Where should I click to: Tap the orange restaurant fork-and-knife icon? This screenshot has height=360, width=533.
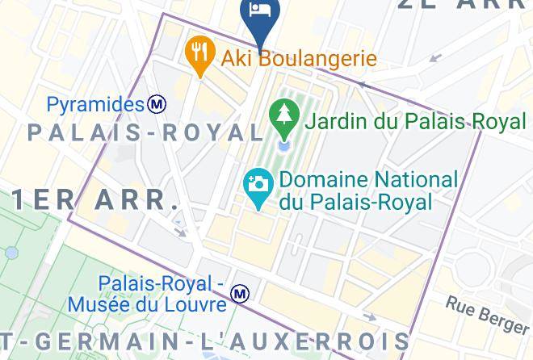(199, 52)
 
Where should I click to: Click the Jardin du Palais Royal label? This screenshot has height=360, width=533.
(415, 122)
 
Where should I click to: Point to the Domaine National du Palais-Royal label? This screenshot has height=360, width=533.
(368, 190)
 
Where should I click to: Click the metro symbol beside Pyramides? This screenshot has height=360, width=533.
(157, 104)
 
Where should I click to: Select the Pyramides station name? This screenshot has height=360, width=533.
(95, 104)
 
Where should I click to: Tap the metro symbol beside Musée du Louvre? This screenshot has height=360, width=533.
(240, 295)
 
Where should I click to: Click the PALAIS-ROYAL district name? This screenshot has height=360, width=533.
(146, 132)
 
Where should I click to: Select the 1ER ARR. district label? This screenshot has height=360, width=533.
(95, 199)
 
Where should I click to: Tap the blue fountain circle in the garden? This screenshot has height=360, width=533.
(284, 147)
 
